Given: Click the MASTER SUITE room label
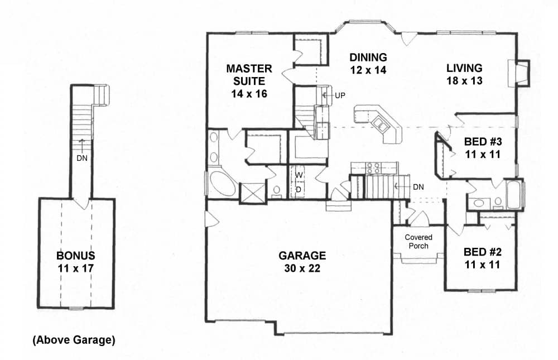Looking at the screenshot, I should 249,75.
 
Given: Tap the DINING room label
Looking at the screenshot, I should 368,57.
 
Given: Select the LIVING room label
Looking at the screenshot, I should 464,68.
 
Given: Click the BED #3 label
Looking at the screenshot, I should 483,141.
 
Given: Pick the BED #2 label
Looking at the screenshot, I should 483,252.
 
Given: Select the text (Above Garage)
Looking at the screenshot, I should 74,340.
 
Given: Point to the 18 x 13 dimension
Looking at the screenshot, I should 464,80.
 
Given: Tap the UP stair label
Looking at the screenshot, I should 340,95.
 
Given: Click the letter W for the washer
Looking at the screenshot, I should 299,176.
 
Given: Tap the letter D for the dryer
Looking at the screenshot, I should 299,189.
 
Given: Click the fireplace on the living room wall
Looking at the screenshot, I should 517,72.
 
